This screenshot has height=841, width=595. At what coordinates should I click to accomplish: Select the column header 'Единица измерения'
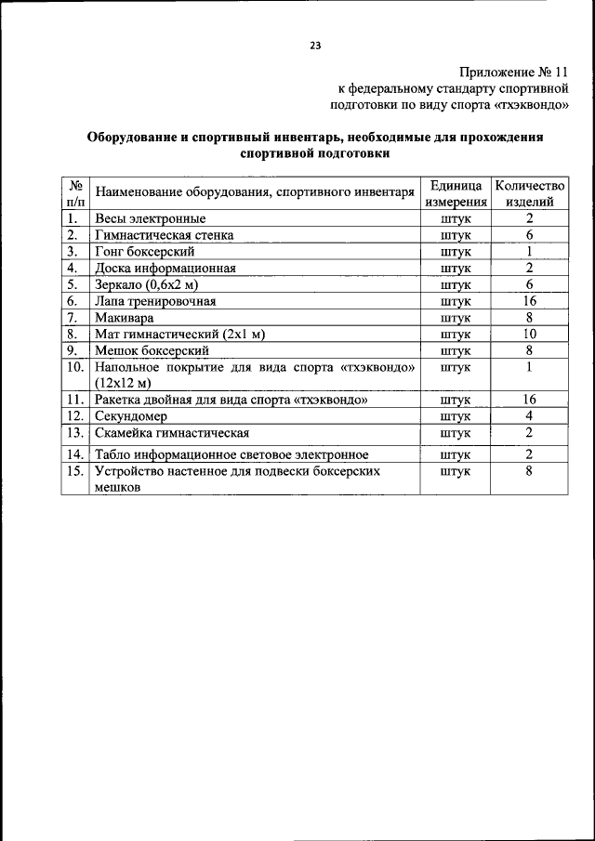click(x=456, y=192)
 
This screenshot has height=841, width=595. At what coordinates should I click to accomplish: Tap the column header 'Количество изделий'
click(x=529, y=192)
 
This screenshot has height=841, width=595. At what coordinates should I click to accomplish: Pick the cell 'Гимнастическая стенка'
click(x=164, y=235)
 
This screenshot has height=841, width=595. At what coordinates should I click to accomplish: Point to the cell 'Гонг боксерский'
click(x=143, y=252)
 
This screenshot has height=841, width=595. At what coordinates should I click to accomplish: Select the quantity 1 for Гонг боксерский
click(x=528, y=252)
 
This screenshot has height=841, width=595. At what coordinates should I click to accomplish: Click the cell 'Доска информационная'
click(x=165, y=269)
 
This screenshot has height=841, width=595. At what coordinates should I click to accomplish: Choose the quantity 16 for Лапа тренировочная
click(x=528, y=301)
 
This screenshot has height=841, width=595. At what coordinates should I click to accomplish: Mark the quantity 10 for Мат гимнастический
click(x=528, y=334)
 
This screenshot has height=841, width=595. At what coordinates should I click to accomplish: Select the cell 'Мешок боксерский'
click(x=151, y=350)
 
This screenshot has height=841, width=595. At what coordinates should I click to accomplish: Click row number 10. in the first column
click(x=75, y=367)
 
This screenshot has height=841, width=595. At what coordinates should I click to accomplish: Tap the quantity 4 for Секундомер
click(x=528, y=416)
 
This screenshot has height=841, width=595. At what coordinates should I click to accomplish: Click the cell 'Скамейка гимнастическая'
click(x=171, y=433)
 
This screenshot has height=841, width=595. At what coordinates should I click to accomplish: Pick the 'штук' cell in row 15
click(x=456, y=471)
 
